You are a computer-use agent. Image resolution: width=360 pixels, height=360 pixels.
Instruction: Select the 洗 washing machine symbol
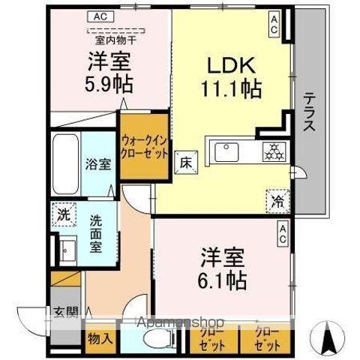coord(64,214)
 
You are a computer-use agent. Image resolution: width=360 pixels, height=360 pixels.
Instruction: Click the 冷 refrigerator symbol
coord(277,200)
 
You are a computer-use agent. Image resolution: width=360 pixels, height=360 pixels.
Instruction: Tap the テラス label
coord(308,111)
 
